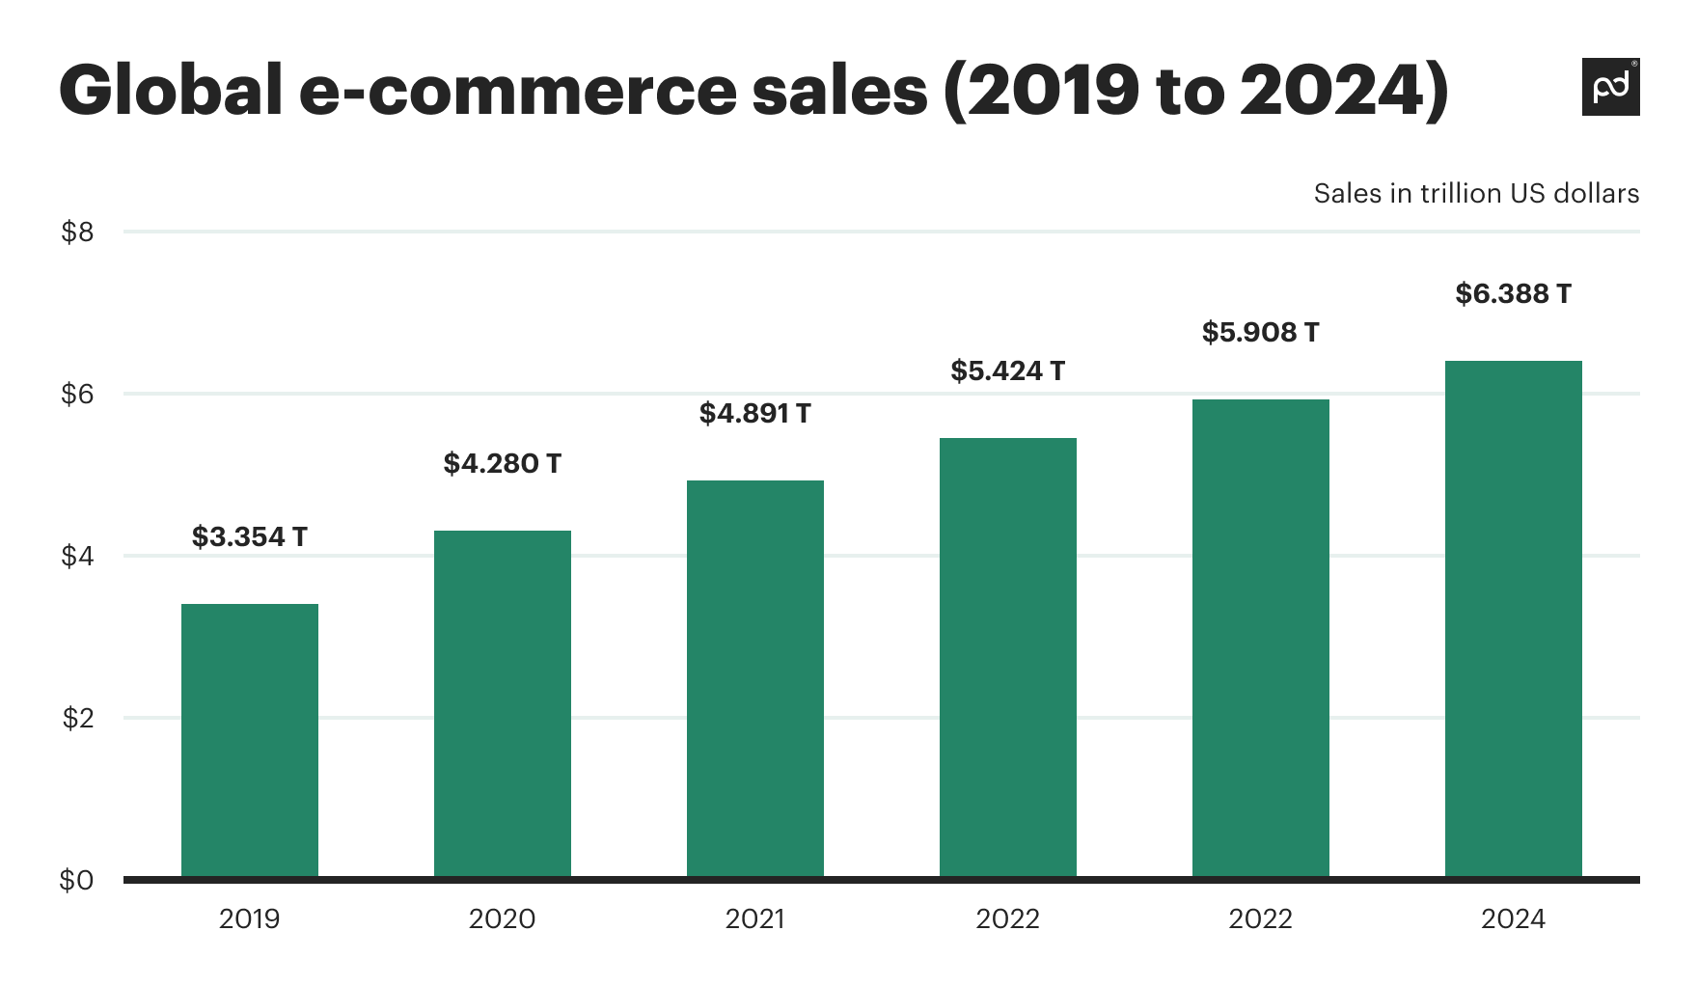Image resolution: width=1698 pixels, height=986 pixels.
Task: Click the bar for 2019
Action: [x=250, y=740]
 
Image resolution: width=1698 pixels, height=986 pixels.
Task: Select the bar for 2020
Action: [x=503, y=703]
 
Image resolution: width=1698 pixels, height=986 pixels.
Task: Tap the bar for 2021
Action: [x=755, y=678]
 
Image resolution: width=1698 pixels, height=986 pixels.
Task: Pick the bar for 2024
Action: [x=1514, y=618]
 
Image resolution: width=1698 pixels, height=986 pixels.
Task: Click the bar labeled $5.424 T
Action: [x=1008, y=657]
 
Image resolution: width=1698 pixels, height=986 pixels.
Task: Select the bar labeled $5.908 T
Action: [x=1261, y=638]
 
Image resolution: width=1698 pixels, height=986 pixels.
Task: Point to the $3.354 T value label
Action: [x=250, y=537]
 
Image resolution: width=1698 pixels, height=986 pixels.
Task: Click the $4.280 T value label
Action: [x=503, y=464]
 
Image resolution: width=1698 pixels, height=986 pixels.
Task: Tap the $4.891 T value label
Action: [x=755, y=414]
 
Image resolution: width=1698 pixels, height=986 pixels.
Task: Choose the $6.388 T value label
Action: [x=1514, y=294]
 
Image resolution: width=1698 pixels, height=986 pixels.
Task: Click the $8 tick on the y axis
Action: [x=77, y=233]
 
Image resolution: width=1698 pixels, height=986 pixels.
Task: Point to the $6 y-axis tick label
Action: [x=77, y=395]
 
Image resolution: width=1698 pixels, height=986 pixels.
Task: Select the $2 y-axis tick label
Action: [x=77, y=719]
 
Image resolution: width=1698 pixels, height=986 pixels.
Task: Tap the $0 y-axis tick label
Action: [x=77, y=881]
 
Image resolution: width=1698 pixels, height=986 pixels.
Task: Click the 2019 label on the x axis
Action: [x=250, y=919]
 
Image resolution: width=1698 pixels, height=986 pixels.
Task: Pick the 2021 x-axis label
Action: [x=755, y=919]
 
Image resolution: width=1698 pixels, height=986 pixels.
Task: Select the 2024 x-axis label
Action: [x=1514, y=919]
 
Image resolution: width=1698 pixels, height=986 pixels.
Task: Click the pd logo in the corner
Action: [x=1610, y=88]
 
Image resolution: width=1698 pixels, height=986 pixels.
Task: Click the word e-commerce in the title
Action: [x=614, y=92]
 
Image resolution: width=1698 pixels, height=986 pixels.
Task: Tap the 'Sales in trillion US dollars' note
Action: [x=1476, y=194]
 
